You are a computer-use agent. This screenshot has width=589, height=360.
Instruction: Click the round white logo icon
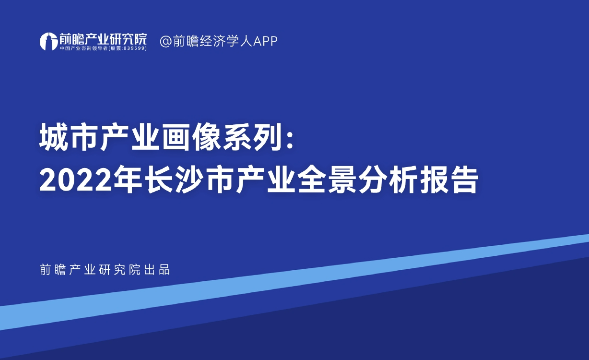(48, 41)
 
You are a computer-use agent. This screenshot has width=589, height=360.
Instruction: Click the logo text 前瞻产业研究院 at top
(103, 39)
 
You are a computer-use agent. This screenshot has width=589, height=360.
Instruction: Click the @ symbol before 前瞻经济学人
(166, 41)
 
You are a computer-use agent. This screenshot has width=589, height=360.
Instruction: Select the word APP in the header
(265, 41)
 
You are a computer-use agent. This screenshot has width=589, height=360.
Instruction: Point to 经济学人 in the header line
(226, 41)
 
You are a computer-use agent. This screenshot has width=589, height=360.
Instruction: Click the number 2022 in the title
(76, 180)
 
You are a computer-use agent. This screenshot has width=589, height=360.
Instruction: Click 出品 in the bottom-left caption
(157, 270)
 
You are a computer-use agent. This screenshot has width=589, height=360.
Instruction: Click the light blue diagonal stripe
(294, 282)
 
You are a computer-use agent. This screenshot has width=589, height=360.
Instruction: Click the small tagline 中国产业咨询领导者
(84, 48)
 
